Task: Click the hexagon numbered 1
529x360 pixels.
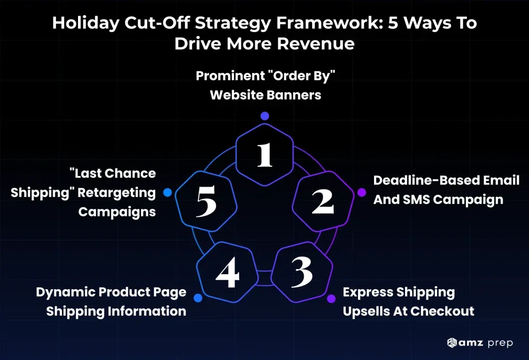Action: tap(264, 153)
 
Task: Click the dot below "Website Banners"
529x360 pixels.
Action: tap(264, 116)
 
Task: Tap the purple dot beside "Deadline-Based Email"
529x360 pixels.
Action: tap(362, 192)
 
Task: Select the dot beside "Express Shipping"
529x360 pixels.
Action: tap(331, 298)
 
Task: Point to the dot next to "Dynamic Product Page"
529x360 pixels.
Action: tap(197, 298)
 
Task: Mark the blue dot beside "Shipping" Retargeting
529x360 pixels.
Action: tap(167, 193)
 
